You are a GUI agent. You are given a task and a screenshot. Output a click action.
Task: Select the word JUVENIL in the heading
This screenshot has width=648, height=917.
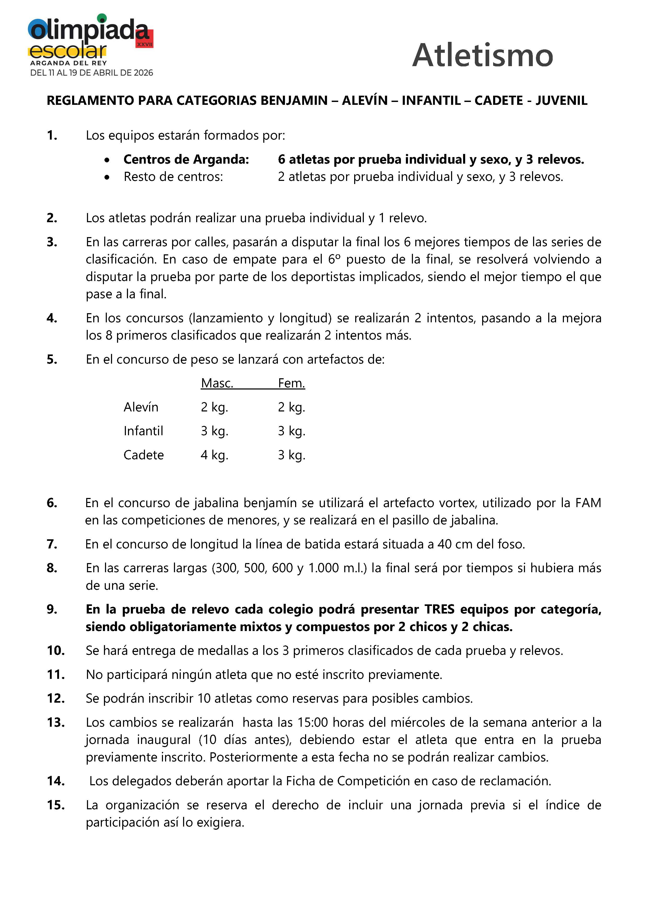(x=561, y=100)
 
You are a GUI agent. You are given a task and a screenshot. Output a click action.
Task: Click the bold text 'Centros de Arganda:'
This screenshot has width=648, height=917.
(x=186, y=159)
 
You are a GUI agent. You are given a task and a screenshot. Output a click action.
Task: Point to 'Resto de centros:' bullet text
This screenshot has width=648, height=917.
(x=173, y=176)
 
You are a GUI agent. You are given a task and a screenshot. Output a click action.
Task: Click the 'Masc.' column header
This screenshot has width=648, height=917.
(x=217, y=383)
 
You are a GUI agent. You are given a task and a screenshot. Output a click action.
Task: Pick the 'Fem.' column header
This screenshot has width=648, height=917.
(x=291, y=383)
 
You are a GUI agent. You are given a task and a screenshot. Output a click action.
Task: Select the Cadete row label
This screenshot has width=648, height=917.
(x=144, y=455)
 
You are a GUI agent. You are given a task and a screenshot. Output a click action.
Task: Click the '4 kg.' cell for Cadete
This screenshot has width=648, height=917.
(x=214, y=455)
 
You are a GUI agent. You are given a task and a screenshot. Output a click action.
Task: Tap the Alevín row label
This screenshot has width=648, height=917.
(x=141, y=407)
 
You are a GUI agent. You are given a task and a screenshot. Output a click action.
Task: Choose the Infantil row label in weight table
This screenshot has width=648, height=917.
(x=143, y=431)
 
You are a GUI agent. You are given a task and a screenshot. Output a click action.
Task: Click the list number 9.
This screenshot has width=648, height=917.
(x=52, y=610)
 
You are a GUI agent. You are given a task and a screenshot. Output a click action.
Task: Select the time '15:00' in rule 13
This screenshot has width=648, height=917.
(x=312, y=723)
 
